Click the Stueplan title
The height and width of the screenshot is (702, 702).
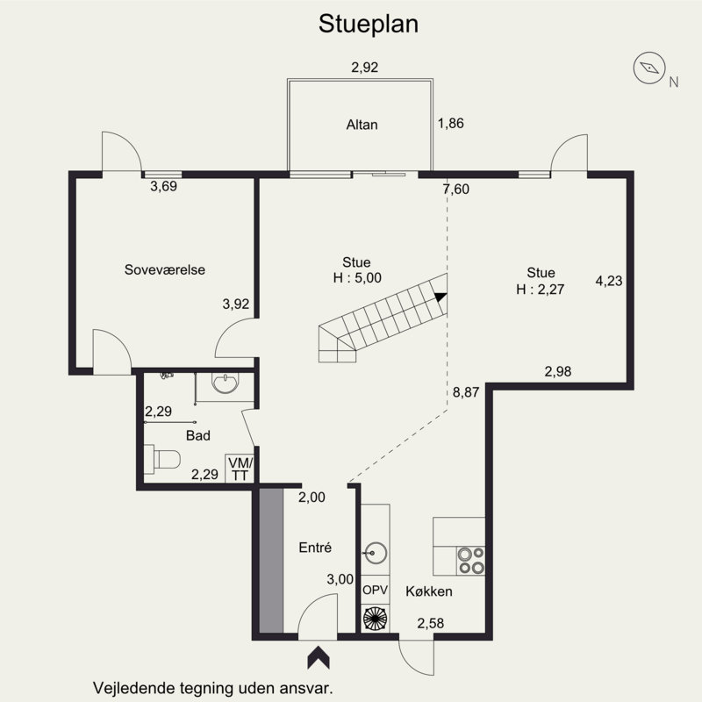coord(369,25)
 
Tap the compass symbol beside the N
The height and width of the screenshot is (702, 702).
coord(648,68)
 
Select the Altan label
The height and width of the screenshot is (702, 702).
coord(362,125)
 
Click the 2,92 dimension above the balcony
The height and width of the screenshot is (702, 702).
coord(364,68)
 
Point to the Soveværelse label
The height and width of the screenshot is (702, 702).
coord(165,269)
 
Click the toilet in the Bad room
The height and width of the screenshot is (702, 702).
coord(162,459)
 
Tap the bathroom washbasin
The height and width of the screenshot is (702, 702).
coord(225,383)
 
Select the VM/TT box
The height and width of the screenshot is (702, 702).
coord(240,469)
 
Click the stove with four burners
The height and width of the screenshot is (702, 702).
coord(471,561)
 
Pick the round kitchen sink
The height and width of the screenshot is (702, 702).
coord(376,553)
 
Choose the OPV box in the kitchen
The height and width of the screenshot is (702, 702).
coord(376,590)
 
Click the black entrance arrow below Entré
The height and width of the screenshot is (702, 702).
coord(319,657)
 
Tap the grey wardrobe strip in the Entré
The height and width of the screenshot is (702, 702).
coord(271,560)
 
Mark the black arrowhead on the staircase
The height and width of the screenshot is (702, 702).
coord(441,297)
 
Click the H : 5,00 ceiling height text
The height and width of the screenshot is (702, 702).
coord(357,277)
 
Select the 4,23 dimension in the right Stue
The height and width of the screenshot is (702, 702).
coord(609,281)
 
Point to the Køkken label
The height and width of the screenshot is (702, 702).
coord(429,591)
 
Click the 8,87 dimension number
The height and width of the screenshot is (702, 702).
coord(466,392)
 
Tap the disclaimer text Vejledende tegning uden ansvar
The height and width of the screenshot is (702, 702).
coord(212,688)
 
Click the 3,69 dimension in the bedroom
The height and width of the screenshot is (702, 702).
coord(163,186)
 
